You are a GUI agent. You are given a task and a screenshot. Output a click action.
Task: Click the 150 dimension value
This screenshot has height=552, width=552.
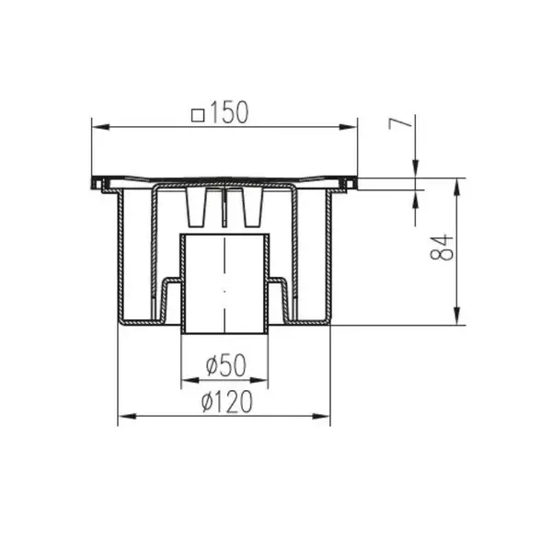pyautogui.click(x=229, y=112)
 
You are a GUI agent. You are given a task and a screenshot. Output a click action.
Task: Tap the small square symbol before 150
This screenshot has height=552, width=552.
pyautogui.click(x=198, y=116)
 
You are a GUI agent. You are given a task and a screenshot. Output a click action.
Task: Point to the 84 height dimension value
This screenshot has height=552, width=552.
pyautogui.click(x=442, y=247)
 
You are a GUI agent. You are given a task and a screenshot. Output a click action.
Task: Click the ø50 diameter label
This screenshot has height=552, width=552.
pyautogui.click(x=226, y=365)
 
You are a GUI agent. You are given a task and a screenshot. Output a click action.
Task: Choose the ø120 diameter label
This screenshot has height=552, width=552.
pyautogui.click(x=227, y=402)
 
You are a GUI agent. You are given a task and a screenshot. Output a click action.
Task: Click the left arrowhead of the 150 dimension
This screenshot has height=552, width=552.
pyautogui.click(x=100, y=127)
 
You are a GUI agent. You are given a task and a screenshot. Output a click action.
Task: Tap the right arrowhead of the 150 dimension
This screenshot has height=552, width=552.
pyautogui.click(x=349, y=127)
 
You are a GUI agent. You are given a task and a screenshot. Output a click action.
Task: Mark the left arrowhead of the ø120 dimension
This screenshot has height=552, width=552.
pyautogui.click(x=127, y=417)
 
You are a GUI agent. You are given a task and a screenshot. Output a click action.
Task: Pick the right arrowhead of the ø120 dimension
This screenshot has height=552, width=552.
pyautogui.click(x=321, y=417)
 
